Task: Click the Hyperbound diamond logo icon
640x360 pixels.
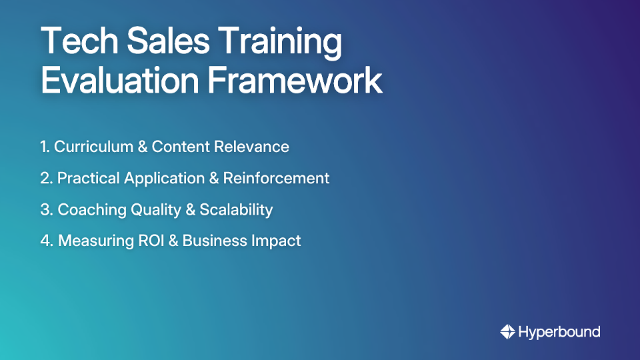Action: [x=507, y=331]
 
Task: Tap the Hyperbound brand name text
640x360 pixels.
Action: [x=559, y=331]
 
